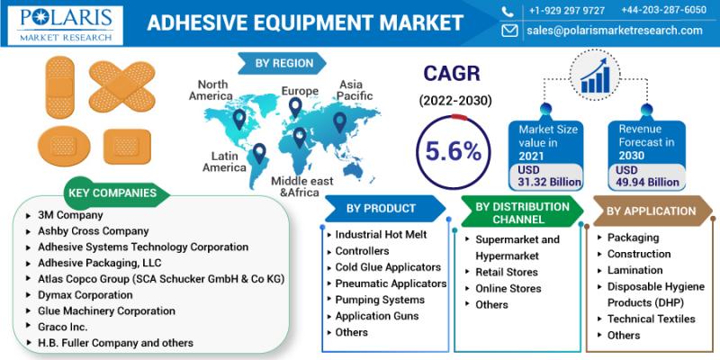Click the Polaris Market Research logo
(x=65, y=25)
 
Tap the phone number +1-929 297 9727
(x=567, y=11)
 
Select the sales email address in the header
(x=615, y=31)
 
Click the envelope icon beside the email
(x=509, y=31)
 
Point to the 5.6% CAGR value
(x=454, y=152)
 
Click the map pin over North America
(x=239, y=119)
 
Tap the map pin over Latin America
(x=259, y=153)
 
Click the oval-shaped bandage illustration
(x=64, y=146)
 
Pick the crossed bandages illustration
(x=122, y=86)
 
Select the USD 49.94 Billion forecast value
(x=647, y=175)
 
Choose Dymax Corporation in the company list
(x=85, y=295)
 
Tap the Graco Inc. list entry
(x=62, y=327)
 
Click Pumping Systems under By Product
(x=380, y=300)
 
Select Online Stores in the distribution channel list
(x=508, y=288)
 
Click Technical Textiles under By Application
(x=651, y=319)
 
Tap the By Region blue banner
(x=282, y=63)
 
